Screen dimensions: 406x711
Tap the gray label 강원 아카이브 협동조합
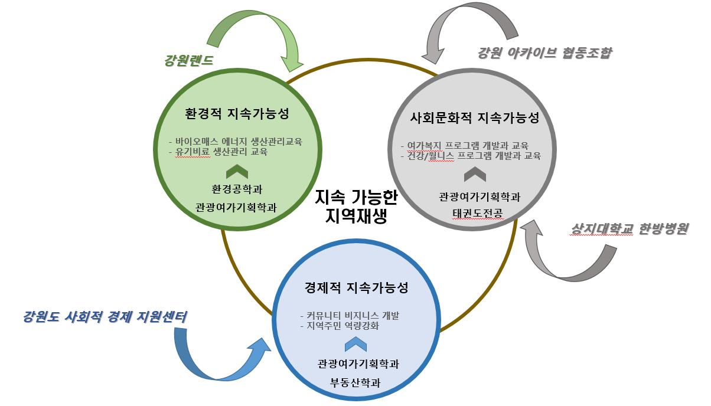(544, 53)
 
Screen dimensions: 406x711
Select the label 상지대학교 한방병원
(630, 229)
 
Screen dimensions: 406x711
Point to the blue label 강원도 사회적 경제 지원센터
(105, 317)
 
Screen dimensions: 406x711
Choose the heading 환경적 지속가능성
(237, 113)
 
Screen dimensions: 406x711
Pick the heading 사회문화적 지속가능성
(475, 117)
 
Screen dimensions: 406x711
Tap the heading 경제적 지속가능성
(356, 288)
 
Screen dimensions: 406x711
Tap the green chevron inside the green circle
(237, 171)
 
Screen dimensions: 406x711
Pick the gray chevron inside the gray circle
(475, 175)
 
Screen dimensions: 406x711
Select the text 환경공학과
(237, 189)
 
